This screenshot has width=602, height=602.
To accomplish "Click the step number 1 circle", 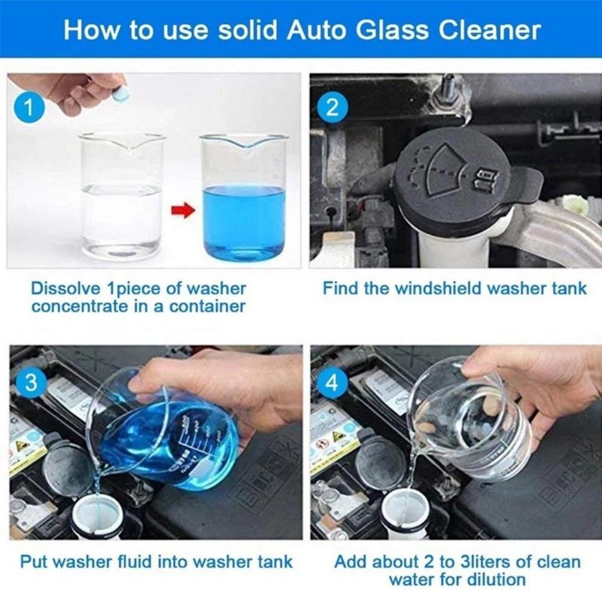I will [29, 107].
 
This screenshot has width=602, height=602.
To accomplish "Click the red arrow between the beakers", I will [181, 207].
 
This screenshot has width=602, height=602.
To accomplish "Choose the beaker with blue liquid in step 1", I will [243, 199].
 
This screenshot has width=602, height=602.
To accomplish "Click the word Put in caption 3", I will [35, 561].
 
